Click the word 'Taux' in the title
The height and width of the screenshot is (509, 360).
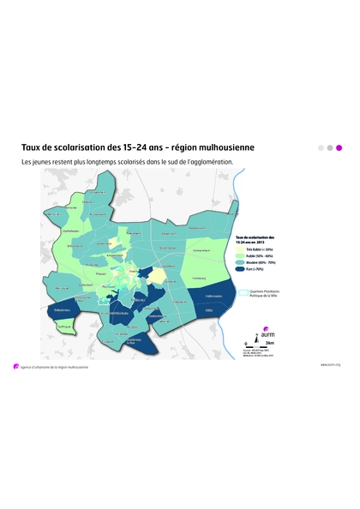click(32, 147)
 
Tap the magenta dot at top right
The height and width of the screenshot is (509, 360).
click(339, 147)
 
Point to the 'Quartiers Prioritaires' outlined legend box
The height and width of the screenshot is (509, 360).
click(243, 292)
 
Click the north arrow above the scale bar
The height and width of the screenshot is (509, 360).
click(251, 337)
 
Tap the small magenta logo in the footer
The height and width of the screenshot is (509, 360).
click(15, 365)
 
